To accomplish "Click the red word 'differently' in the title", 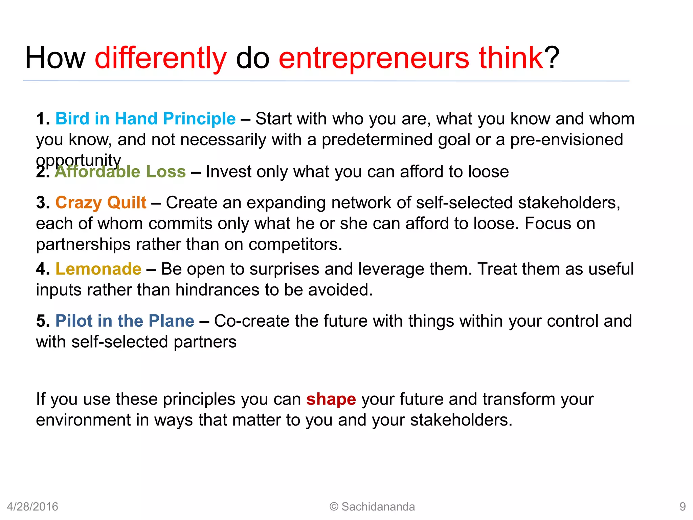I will coord(160,58).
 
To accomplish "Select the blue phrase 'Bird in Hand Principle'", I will coord(146,119).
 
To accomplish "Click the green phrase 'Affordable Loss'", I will coord(120,172).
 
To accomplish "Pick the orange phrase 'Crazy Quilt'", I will coord(101,203).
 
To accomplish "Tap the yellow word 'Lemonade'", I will coord(98,269).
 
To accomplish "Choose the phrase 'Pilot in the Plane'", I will coord(125,321).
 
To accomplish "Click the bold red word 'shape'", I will coord(331,399).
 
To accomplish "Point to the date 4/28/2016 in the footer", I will coord(32,507).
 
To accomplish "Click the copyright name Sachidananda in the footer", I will coord(378,507).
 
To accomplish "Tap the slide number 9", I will coord(683,507).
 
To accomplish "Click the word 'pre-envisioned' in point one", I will coord(566,140).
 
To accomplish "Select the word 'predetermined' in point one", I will coord(377,140).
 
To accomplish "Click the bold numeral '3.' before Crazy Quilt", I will coord(43,203).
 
